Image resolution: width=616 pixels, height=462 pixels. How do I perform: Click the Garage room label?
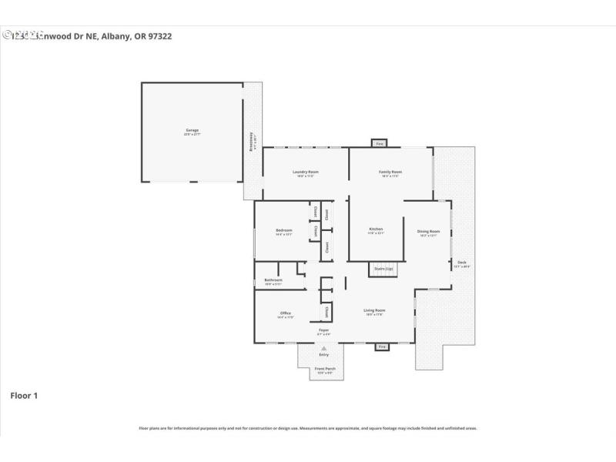click(191, 131)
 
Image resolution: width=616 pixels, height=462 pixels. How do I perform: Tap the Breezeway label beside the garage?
click(252, 143)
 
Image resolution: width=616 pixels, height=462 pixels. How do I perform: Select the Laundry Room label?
click(305, 172)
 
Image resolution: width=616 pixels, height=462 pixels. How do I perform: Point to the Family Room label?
click(390, 172)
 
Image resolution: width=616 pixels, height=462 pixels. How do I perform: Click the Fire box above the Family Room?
click(379, 143)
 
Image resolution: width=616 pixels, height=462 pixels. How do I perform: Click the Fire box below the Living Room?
click(381, 347)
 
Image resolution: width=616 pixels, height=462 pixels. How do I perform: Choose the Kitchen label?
click(376, 229)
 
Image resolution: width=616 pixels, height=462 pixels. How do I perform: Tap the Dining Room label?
click(428, 232)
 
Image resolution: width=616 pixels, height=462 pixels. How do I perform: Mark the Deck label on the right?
click(461, 263)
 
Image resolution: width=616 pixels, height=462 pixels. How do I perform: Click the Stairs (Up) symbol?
click(383, 269)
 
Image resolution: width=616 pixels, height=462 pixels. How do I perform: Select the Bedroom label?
click(283, 231)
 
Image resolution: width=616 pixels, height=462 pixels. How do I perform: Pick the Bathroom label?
click(273, 280)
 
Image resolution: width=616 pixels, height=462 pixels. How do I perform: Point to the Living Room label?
click(374, 311)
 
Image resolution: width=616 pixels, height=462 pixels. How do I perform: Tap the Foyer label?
click(324, 331)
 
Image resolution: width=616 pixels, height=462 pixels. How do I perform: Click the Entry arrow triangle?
click(324, 348)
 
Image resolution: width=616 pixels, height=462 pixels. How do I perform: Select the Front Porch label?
click(325, 369)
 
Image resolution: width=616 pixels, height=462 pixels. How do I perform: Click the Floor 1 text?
click(23, 396)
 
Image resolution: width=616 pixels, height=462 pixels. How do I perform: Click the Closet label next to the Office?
click(326, 312)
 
